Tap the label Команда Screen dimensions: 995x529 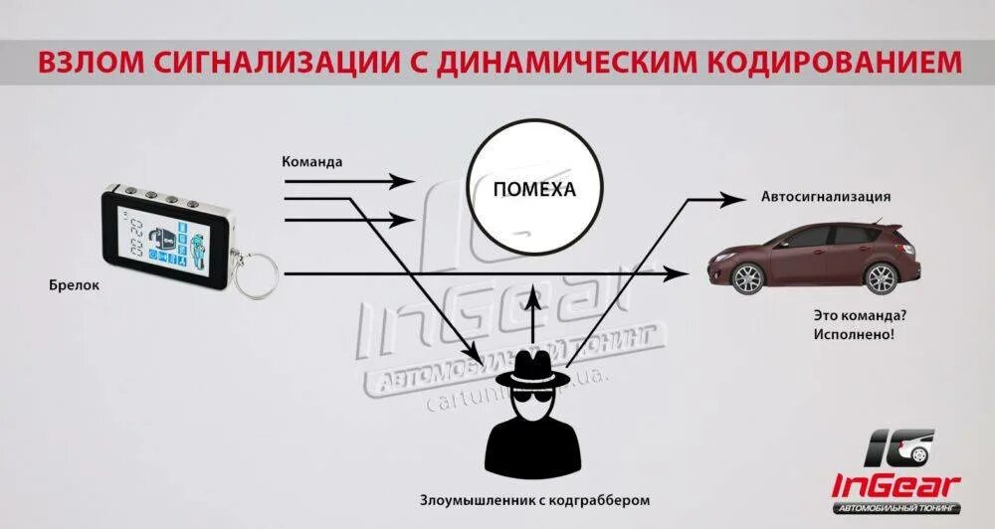311,161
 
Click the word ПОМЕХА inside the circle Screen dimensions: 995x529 535,188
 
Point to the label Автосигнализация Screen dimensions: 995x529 825,196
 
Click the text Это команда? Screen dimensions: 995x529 860,315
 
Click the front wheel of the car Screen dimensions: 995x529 746,277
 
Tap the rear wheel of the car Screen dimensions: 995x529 881,277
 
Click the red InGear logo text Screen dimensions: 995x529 895,486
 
